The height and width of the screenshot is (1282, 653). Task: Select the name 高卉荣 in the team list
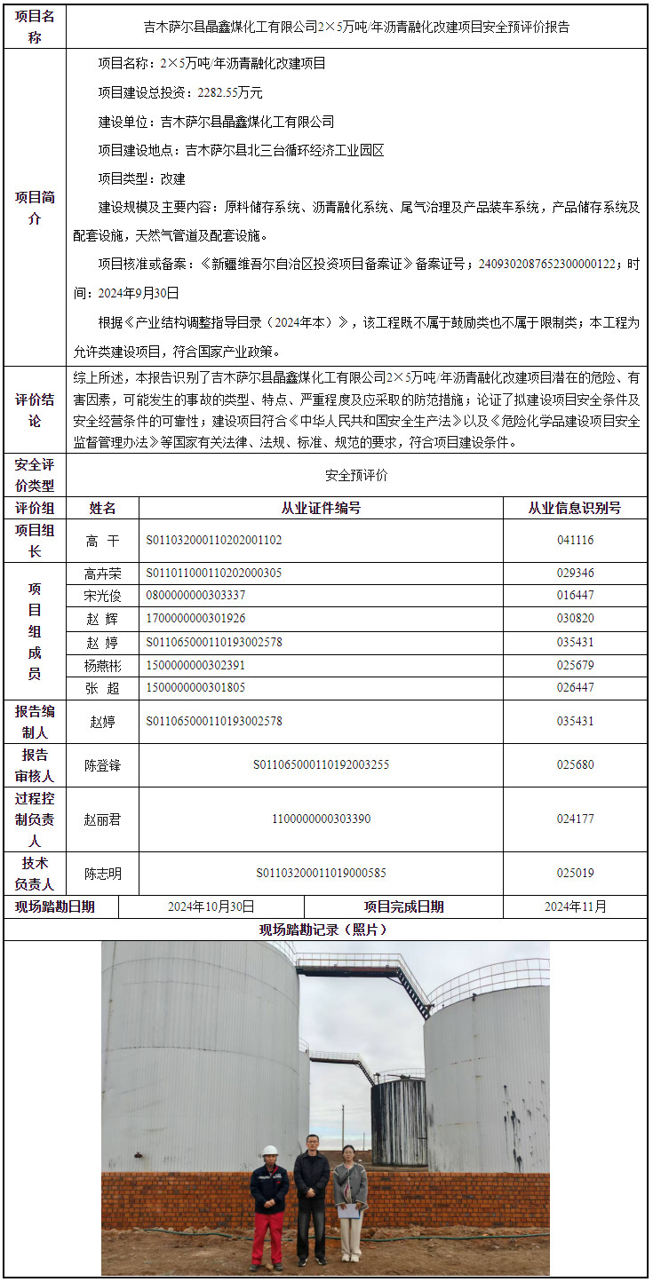(102, 574)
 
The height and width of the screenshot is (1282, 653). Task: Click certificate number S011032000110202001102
(214, 540)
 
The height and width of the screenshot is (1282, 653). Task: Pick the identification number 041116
(575, 540)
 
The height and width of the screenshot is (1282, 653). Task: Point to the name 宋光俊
(102, 596)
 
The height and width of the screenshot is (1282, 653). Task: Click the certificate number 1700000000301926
(195, 619)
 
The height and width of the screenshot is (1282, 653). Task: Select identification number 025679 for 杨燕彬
(575, 665)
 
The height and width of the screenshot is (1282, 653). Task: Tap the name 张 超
(102, 688)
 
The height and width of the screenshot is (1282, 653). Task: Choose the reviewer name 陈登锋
(102, 764)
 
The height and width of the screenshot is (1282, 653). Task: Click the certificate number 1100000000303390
(321, 819)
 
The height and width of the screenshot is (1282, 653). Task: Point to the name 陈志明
(102, 874)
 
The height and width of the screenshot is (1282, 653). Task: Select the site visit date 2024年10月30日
(211, 906)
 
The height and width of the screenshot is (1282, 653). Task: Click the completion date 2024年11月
(575, 906)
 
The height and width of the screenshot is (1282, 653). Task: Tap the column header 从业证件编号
(321, 508)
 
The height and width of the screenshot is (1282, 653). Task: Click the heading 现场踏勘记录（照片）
(325, 930)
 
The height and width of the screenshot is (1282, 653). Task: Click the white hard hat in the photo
(270, 1151)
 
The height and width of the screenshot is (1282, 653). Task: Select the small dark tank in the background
(398, 1120)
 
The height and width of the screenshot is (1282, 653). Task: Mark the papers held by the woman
(350, 1209)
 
